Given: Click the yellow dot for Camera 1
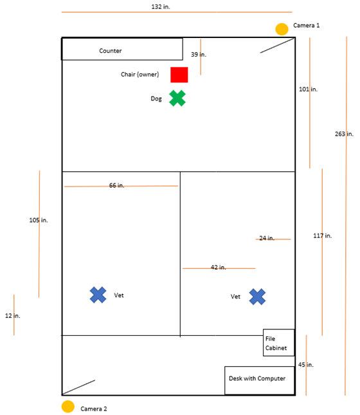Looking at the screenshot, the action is tap(282, 29).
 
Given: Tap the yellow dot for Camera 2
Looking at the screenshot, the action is tap(68, 407).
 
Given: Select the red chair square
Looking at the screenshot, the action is tap(179, 75).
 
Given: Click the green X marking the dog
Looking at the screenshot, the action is tap(177, 98).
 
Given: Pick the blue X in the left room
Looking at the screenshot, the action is tap(98, 295).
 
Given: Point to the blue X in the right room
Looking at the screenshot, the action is tap(257, 297).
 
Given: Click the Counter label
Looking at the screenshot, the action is tap(111, 51).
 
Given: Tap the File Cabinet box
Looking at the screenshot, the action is tap(278, 342).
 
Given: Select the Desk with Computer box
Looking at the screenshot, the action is tap(260, 380).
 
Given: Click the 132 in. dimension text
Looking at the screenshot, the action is tap(161, 7).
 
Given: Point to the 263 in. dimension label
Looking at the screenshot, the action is tap(344, 134).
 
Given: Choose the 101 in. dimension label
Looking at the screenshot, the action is tap(308, 89).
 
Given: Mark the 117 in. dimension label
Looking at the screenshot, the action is tap(323, 235).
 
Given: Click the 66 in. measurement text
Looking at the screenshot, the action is tap(116, 185).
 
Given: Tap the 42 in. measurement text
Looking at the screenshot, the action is tap(218, 267).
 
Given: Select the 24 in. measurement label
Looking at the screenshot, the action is tap(267, 238).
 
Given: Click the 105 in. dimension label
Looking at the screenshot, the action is tap(39, 220).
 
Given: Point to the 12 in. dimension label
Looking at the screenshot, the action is tap(13, 316).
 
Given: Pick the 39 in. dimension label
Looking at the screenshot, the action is tap(199, 55).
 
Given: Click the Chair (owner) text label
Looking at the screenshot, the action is tap(140, 75).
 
